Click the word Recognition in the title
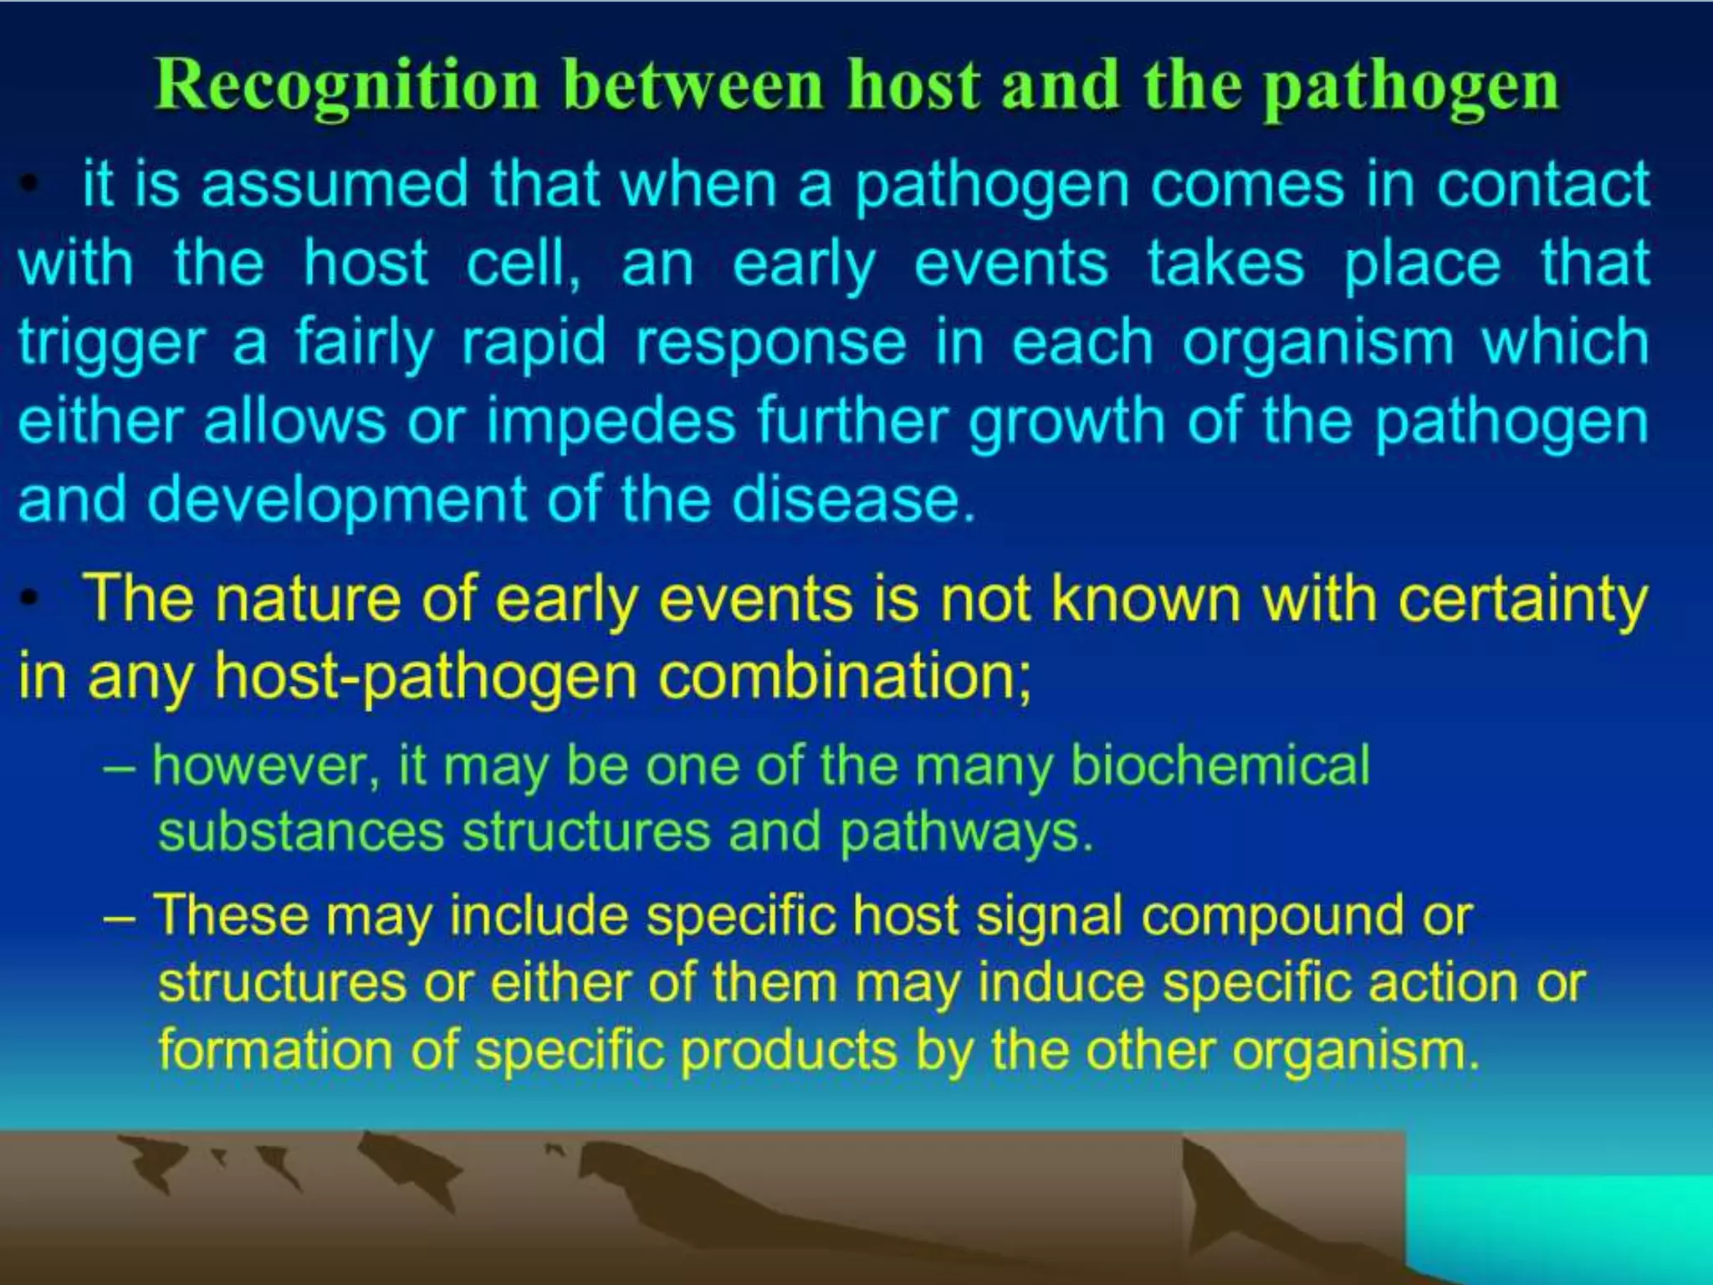point(346,86)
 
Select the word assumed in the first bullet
point(335,184)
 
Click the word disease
point(853,499)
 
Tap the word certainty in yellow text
point(1522,599)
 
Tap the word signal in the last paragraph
point(1049,915)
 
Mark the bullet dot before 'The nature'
point(30,599)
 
